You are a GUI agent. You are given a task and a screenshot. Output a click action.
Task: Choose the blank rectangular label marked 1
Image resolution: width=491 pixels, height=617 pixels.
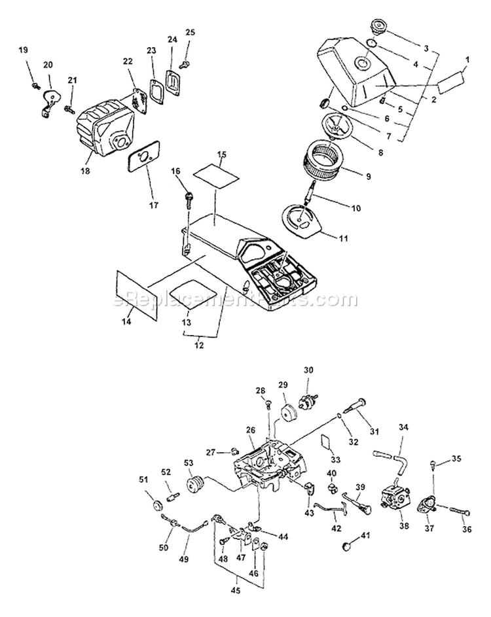pos(450,83)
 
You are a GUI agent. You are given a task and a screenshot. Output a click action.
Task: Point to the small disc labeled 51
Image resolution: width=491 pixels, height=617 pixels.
pos(157,506)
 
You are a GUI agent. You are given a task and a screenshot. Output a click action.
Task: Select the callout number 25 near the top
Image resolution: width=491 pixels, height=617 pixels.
pos(191,32)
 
